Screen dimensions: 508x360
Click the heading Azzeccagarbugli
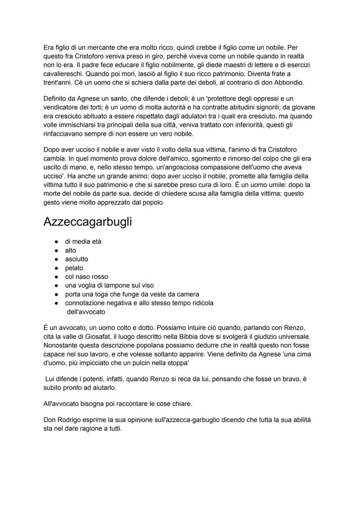(87, 222)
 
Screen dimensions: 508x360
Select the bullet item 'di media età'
(83, 242)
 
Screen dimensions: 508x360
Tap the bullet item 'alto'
(70, 250)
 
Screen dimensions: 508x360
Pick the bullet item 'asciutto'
(77, 259)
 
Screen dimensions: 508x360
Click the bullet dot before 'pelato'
(57, 268)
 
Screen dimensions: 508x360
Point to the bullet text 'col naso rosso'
(87, 277)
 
